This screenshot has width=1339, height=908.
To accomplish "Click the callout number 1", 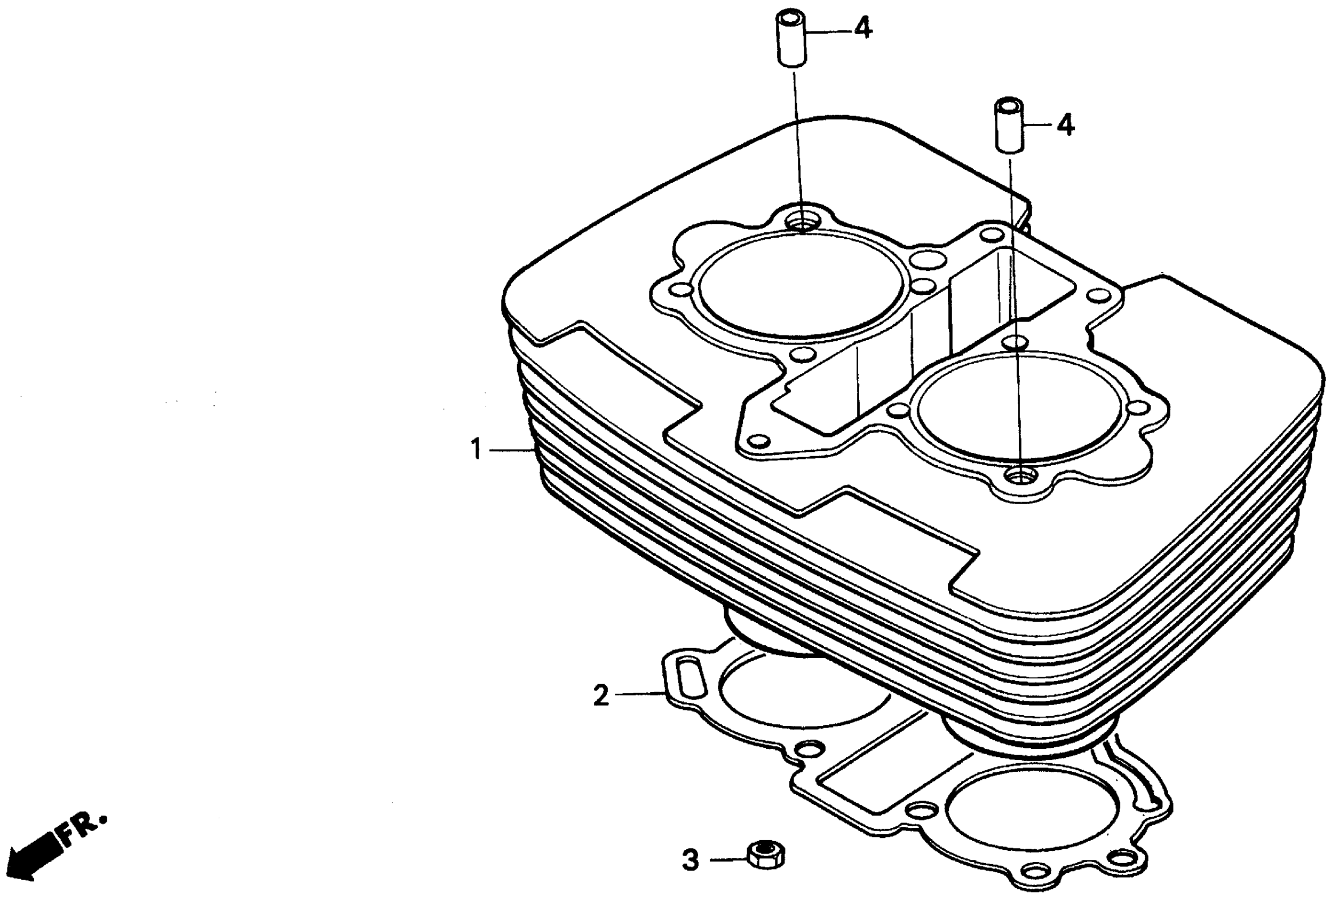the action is pyautogui.click(x=476, y=449).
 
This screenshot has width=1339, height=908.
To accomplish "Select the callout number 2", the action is pyautogui.click(x=601, y=695).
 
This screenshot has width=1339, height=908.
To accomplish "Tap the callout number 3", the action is pyautogui.click(x=690, y=860).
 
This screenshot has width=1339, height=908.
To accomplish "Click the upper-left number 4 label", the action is pyautogui.click(x=862, y=28).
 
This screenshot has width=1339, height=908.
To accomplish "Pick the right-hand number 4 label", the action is pyautogui.click(x=1065, y=124).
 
